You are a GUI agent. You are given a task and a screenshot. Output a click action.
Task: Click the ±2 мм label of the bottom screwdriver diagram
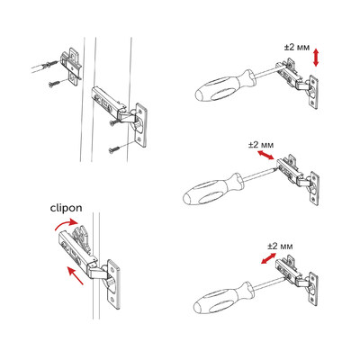coord(281,244)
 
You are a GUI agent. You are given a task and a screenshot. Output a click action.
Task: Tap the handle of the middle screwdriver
coord(208,190)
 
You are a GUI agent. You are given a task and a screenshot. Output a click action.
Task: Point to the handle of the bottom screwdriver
coord(220,297)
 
